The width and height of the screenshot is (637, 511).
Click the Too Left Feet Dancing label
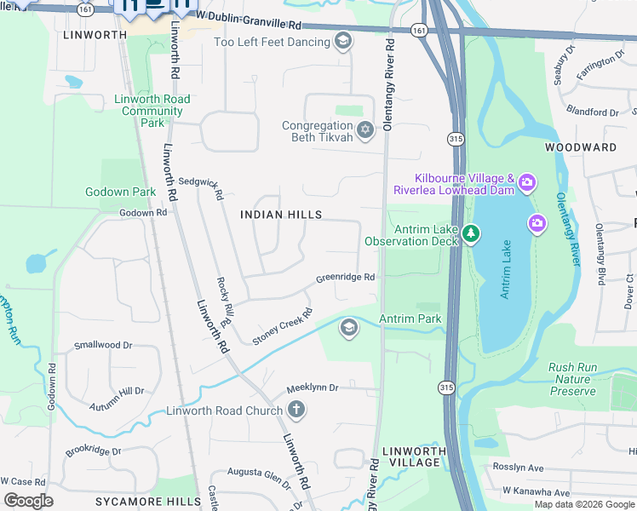pyautogui.click(x=272, y=42)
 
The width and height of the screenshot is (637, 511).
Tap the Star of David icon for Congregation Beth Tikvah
pyautogui.click(x=365, y=130)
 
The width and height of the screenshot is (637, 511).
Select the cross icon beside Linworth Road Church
pyautogui.click(x=296, y=411)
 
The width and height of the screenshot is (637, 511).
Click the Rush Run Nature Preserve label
pyautogui.click(x=571, y=379)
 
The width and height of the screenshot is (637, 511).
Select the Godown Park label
pyautogui.click(x=120, y=192)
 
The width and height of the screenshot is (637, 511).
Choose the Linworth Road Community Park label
pyautogui.click(x=152, y=111)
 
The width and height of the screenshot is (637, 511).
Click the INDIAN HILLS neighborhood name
pyautogui.click(x=281, y=215)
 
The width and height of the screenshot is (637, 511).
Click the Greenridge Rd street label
pyautogui.click(x=346, y=278)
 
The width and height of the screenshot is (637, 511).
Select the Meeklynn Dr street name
pyautogui.click(x=312, y=388)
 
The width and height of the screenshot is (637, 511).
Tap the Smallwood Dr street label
pyautogui.click(x=103, y=345)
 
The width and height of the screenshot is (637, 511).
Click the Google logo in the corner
pyautogui.click(x=29, y=501)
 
